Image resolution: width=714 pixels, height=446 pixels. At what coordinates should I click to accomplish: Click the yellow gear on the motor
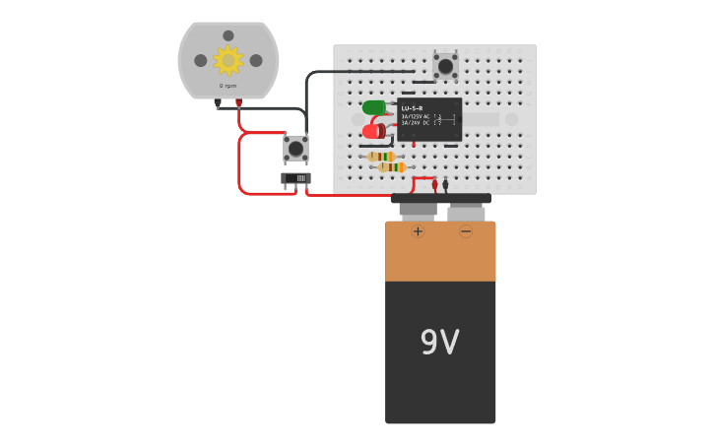point(228,60)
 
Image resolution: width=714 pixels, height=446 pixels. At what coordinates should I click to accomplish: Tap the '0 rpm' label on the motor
point(227,86)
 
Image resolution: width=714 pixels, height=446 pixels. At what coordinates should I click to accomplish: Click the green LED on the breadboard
point(373,107)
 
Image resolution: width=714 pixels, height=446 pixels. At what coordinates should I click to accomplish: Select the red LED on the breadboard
point(372,131)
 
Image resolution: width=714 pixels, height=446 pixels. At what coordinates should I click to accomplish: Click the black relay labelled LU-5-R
point(429,118)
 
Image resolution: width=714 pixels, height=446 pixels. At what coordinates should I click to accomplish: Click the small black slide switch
point(295,178)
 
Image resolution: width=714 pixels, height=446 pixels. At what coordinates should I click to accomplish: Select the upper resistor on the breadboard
point(381,157)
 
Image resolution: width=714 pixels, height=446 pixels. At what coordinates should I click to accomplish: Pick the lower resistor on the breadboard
point(392,167)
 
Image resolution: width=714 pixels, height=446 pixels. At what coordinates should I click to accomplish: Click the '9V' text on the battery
point(439,342)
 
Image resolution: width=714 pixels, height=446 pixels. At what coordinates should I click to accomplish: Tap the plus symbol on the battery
point(418,231)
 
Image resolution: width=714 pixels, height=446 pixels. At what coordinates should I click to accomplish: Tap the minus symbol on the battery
point(466,231)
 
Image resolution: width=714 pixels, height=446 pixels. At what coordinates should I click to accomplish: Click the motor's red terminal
point(238,102)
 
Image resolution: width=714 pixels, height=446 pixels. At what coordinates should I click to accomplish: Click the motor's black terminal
point(218,102)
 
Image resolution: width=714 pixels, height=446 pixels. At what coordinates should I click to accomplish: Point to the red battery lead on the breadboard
point(434,184)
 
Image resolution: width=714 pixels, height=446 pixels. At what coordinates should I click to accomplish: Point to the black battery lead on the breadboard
point(445,184)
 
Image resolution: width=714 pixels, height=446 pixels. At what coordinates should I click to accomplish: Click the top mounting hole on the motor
point(228,35)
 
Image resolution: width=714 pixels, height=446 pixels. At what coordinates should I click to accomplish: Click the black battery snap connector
point(440,199)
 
